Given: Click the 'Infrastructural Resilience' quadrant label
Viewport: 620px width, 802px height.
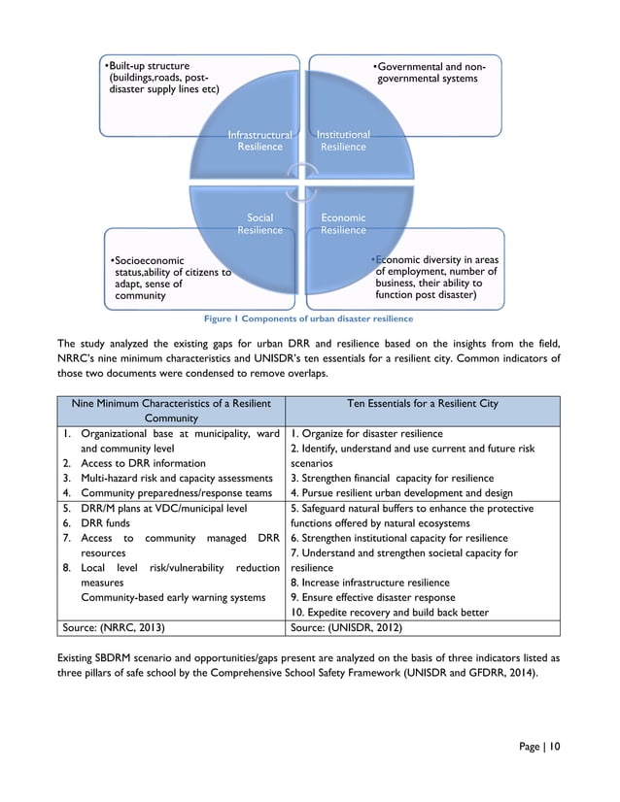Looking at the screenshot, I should [x=259, y=141].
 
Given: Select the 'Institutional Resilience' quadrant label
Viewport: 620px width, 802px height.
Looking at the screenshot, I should [x=343, y=141].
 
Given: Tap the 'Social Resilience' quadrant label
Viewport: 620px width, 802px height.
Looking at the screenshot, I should [x=259, y=224].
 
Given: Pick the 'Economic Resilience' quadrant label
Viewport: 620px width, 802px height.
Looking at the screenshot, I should [x=343, y=224].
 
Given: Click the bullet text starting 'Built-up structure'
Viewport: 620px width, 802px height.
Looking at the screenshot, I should [x=161, y=78].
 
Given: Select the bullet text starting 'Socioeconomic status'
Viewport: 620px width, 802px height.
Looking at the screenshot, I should [x=169, y=279].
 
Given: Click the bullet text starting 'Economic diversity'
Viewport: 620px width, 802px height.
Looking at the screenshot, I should [x=435, y=278].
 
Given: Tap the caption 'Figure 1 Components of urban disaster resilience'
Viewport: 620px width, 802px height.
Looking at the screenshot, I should [x=308, y=318].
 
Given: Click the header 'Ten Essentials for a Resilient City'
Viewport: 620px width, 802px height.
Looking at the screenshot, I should [x=422, y=403].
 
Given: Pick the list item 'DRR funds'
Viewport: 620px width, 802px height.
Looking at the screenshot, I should [x=106, y=523].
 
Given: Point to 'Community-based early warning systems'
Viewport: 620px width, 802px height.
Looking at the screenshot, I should [x=173, y=597].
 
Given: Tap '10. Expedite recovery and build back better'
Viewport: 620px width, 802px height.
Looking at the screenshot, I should [x=389, y=612].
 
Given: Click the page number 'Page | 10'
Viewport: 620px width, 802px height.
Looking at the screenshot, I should [x=539, y=747].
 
